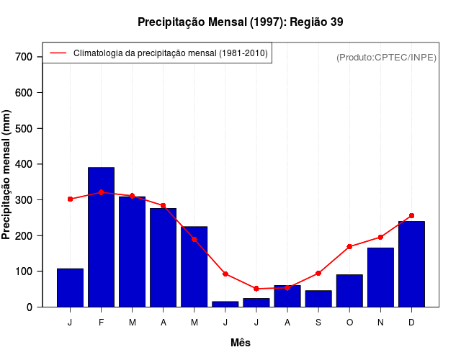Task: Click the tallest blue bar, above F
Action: [101, 237]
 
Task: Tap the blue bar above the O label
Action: [349, 291]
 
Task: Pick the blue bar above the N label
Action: [380, 277]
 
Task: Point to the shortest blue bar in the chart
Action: [225, 304]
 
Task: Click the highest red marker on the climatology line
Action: [101, 192]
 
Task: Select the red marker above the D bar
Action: [411, 215]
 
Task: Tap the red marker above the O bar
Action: [349, 247]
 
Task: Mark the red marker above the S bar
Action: [318, 273]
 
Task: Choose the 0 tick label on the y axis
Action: [30, 307]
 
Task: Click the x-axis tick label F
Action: [101, 323]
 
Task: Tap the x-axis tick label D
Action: [411, 323]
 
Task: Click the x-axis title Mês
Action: [241, 343]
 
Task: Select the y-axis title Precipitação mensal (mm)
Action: [7, 175]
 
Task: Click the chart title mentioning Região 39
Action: [241, 22]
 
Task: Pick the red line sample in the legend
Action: [58, 53]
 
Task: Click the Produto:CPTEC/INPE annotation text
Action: [387, 57]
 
